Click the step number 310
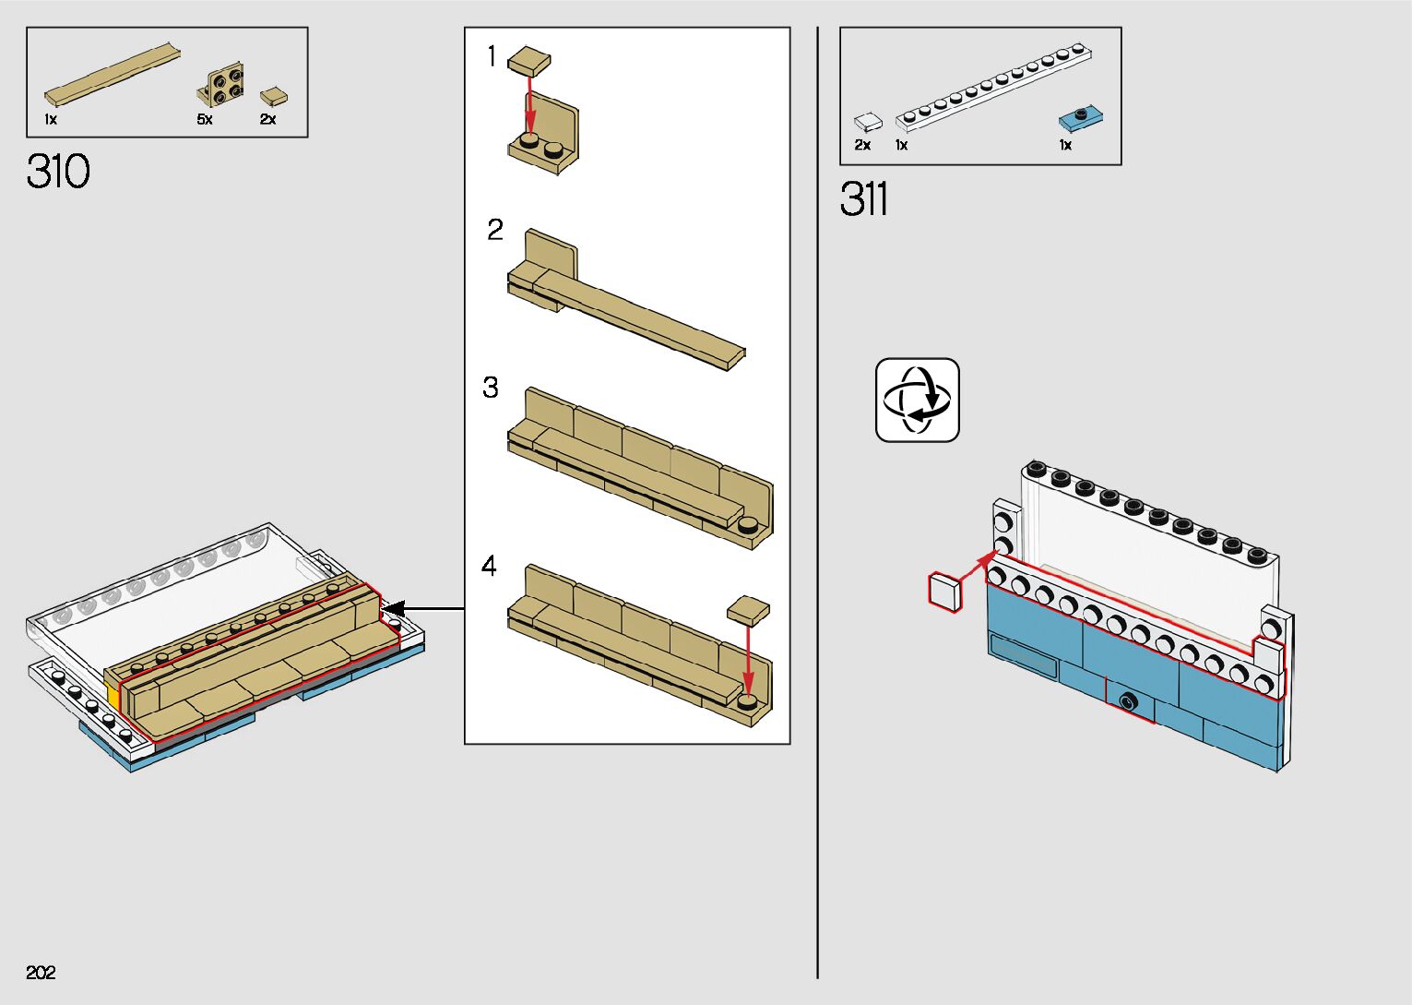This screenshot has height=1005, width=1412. (x=58, y=171)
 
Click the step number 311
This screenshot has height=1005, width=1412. (x=863, y=198)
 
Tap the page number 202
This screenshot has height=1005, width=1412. (x=41, y=972)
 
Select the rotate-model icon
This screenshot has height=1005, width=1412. (x=917, y=400)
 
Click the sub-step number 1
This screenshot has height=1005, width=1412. (x=492, y=56)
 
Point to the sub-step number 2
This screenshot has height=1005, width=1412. (x=495, y=230)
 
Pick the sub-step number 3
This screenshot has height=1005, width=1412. (x=491, y=388)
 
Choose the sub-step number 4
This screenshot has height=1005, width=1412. (x=489, y=566)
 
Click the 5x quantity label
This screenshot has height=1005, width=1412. (x=205, y=119)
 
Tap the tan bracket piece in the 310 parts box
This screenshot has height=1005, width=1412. (x=221, y=85)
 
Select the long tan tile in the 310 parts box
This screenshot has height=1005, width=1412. (x=113, y=75)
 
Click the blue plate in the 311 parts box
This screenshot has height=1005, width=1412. (x=1080, y=118)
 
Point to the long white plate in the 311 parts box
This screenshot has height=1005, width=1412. (x=993, y=87)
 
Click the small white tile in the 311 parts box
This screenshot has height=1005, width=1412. (x=867, y=123)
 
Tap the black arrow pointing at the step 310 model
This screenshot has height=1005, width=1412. (x=423, y=609)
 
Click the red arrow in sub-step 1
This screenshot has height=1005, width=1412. (x=530, y=105)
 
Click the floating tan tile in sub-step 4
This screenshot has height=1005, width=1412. (x=748, y=611)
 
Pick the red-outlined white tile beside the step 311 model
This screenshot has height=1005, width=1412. (x=945, y=592)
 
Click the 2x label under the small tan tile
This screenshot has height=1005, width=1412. (x=267, y=119)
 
